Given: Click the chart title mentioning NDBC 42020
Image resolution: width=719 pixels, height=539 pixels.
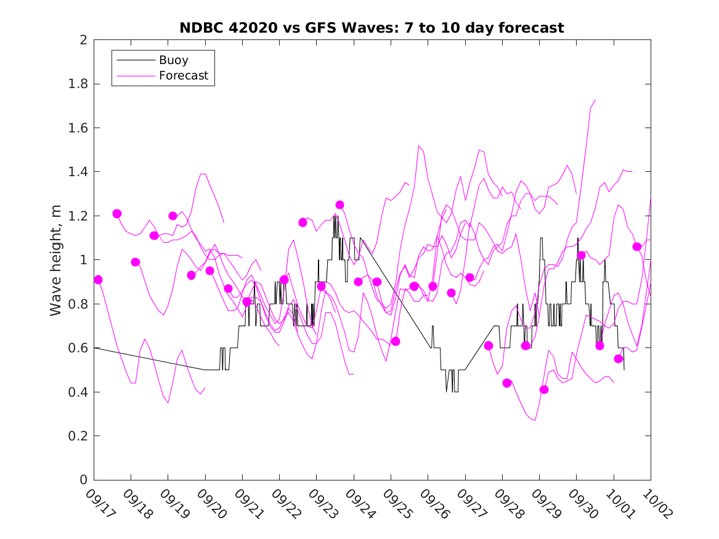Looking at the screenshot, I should (372, 28).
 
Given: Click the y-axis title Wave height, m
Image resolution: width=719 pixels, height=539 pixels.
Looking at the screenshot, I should (56, 259).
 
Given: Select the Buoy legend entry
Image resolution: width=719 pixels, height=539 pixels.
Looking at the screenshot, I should (174, 60).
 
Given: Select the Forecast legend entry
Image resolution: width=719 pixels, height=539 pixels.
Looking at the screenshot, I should (184, 76).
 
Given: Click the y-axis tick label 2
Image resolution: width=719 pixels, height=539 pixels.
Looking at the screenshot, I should (83, 40).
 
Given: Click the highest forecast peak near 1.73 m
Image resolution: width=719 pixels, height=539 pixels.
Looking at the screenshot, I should (595, 99).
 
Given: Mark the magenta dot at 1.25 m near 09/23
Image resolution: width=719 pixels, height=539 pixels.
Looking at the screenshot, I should (339, 205).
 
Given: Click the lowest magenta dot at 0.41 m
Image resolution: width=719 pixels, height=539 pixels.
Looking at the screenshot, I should (544, 389).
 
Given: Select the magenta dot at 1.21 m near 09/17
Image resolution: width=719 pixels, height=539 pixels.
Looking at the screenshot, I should (117, 214).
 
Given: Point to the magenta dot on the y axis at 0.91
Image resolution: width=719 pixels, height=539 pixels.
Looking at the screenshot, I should (98, 280).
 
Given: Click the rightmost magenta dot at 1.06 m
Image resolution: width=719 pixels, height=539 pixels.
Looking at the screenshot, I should (637, 246).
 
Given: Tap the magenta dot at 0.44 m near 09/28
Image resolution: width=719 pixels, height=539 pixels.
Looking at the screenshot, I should (507, 383).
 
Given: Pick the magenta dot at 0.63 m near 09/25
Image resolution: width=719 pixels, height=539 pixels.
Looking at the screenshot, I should (396, 341).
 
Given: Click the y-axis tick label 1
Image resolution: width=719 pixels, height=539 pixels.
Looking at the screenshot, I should (83, 260).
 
